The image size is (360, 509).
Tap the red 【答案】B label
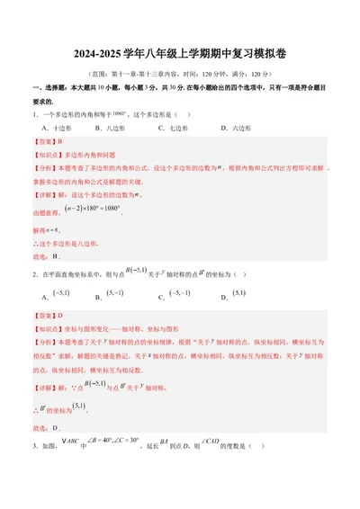[x=47, y=142]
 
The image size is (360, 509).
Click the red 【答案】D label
[x=47, y=316]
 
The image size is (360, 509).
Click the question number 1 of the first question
[x=33, y=114]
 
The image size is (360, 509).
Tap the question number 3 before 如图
[x=33, y=421]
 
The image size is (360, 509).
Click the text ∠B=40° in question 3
[x=114, y=417]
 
